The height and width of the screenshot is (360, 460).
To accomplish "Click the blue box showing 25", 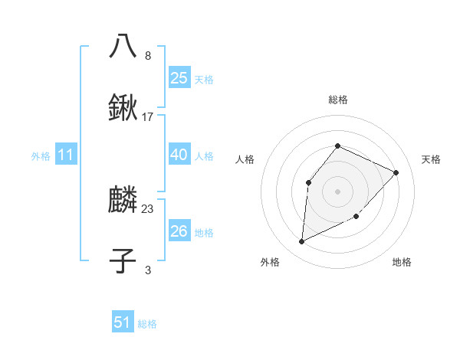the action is point(179,77).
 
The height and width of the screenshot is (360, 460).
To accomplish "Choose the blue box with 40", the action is point(179,155).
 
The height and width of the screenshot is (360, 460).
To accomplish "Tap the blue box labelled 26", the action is point(179,231).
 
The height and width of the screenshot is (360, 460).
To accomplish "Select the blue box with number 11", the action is point(65,155).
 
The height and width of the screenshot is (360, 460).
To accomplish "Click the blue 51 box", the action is point(123,322).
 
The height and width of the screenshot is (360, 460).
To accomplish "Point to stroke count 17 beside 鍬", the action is point(148,117).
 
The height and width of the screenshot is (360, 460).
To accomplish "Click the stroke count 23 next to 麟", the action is point(148,208).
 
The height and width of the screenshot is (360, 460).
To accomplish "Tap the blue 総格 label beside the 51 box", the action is point(147,324).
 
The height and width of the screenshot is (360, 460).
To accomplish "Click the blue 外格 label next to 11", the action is point(41,156).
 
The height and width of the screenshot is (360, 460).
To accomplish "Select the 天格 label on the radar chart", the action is point(431,159).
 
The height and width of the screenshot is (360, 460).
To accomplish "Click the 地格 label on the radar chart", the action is point(402,262).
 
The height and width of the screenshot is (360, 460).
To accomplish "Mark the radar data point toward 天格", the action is point(396,172).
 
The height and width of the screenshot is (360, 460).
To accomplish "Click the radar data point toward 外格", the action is point(301,241).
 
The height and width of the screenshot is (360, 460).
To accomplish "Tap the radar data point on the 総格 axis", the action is point(337,145).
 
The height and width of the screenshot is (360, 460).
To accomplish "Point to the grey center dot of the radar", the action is point(337,191).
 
